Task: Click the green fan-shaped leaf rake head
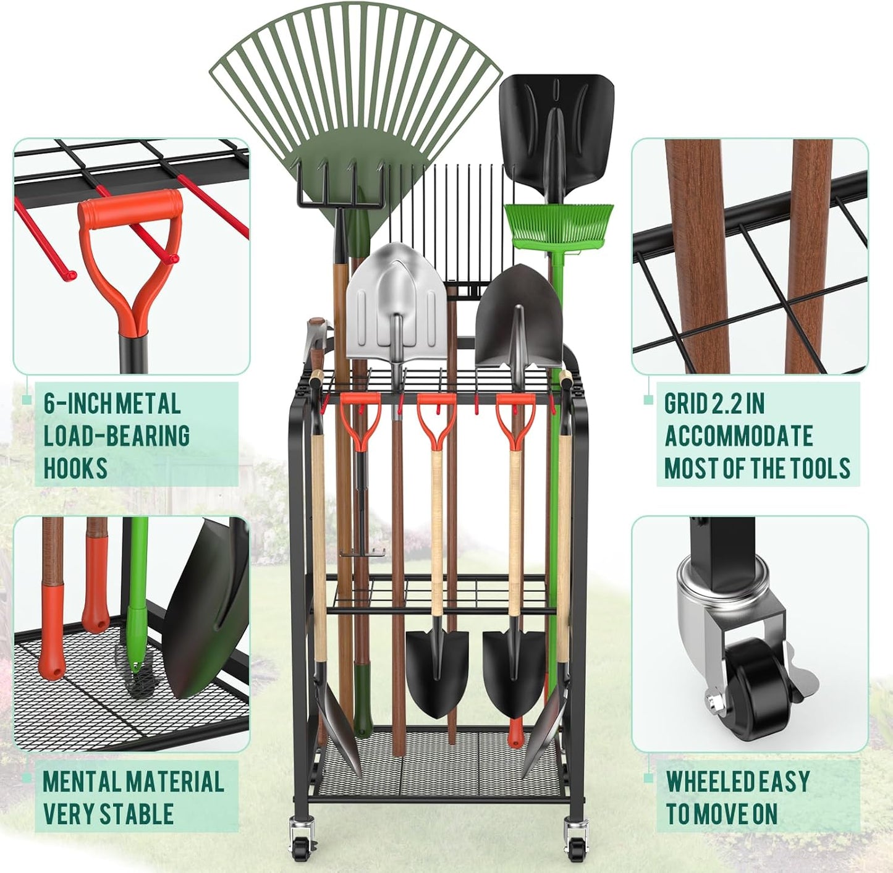(355, 93)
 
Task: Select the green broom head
(559, 225)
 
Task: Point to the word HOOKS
(75, 468)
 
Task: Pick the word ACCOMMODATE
(739, 436)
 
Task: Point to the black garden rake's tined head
(340, 182)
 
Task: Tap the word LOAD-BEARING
(117, 436)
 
